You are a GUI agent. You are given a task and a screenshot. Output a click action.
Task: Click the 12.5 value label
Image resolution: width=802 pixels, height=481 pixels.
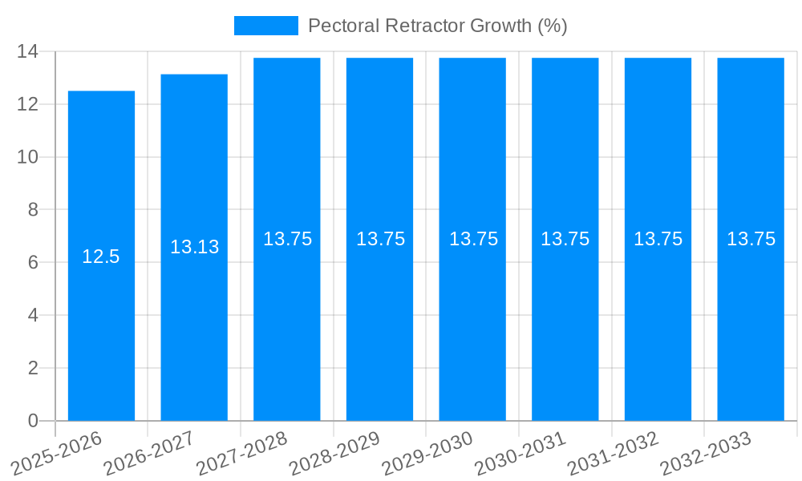pyautogui.click(x=101, y=257)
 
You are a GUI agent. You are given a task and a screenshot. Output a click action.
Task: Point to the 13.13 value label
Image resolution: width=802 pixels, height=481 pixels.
pyautogui.click(x=194, y=247)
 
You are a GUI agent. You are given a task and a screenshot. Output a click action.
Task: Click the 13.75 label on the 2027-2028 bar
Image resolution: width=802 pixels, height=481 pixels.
pyautogui.click(x=287, y=239)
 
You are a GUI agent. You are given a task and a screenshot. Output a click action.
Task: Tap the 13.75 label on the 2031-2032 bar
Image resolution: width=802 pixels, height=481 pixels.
pyautogui.click(x=658, y=239)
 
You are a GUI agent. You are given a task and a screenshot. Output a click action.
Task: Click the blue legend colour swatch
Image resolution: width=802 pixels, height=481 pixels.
pyautogui.click(x=265, y=26)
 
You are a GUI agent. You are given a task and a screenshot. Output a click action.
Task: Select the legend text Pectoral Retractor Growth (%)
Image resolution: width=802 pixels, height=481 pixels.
pyautogui.click(x=438, y=26)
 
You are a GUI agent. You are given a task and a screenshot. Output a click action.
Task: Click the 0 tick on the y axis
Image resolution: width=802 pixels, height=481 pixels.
pyautogui.click(x=33, y=421)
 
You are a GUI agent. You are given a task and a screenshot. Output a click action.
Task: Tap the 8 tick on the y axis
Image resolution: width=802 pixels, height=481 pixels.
pyautogui.click(x=33, y=210)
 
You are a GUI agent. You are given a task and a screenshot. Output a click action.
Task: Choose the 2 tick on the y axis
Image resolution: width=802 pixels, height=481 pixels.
pyautogui.click(x=33, y=368)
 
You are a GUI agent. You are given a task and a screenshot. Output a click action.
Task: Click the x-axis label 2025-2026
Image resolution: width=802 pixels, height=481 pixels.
pyautogui.click(x=58, y=452)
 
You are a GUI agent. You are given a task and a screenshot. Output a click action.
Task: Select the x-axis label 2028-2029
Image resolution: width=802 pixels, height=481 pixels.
pyautogui.click(x=335, y=452)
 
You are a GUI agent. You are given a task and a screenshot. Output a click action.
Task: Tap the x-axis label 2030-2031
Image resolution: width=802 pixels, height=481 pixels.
pyautogui.click(x=521, y=452)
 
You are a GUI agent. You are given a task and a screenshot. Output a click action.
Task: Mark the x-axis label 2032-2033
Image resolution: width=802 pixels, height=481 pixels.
pyautogui.click(x=706, y=452)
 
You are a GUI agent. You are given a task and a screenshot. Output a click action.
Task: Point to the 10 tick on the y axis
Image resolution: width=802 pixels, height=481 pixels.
pyautogui.click(x=28, y=157)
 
